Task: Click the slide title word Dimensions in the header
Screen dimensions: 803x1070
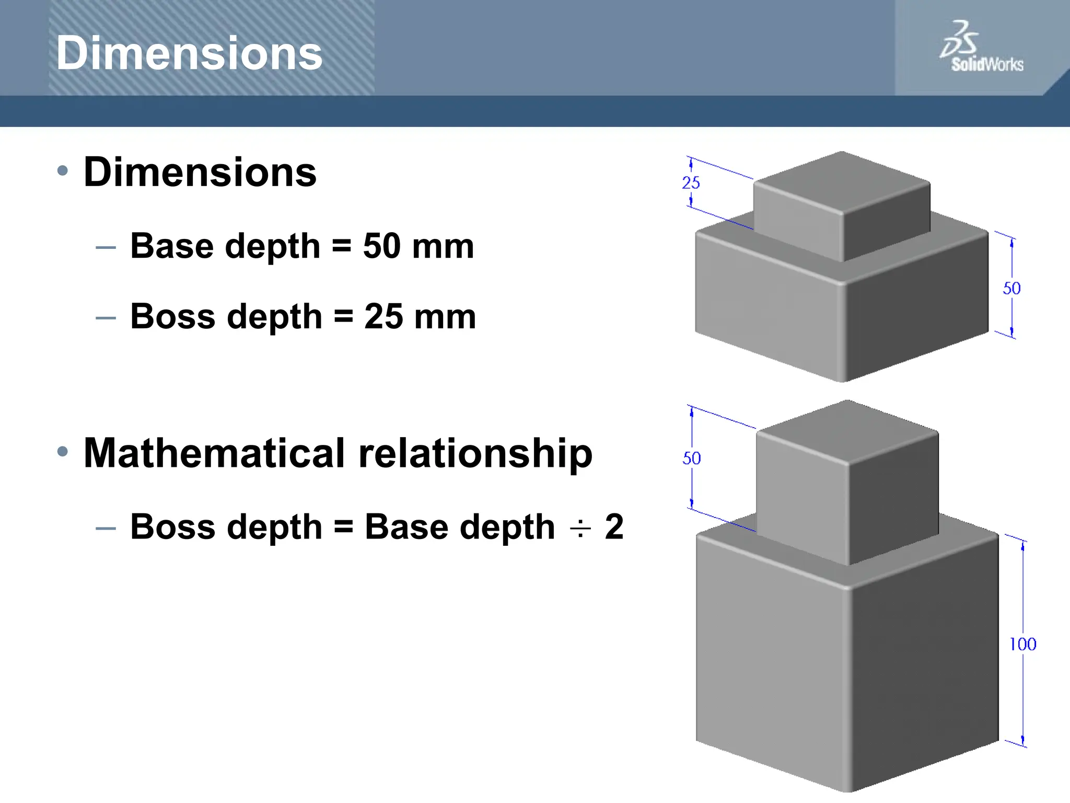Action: click(189, 53)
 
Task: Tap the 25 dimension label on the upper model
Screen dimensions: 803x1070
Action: click(691, 183)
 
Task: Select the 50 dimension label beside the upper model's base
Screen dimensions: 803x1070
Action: click(1011, 289)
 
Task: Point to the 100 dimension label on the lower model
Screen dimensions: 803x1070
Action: click(1022, 644)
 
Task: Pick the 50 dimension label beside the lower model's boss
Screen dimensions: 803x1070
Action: click(691, 458)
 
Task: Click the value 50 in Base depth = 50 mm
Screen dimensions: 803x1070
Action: click(382, 246)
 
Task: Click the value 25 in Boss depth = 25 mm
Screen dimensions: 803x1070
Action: click(383, 316)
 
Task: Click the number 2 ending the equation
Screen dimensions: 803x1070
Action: click(614, 526)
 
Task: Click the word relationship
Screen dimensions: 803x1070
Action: click(475, 454)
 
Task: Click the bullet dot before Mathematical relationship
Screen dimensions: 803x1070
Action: click(63, 452)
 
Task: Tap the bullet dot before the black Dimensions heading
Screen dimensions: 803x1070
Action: click(63, 170)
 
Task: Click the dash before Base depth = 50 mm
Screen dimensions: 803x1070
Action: click(106, 247)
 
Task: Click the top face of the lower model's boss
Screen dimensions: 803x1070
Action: click(847, 432)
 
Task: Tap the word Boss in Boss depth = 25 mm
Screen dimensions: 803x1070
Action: click(172, 316)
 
